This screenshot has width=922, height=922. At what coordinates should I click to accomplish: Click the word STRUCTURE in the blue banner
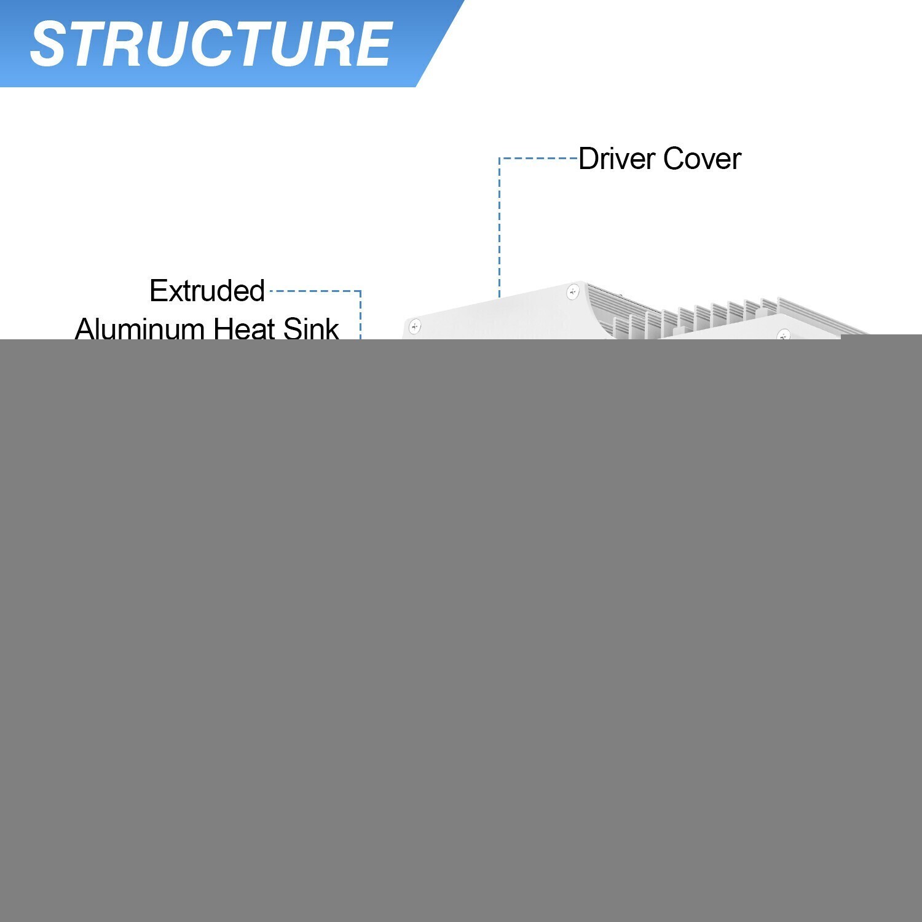211,44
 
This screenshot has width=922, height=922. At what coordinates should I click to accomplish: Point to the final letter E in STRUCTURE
371,44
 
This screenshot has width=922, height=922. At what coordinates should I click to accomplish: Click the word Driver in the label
617,159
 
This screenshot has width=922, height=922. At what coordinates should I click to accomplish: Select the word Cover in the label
702,159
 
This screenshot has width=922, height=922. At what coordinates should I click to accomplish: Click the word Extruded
207,291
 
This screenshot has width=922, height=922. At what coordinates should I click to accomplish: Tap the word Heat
245,328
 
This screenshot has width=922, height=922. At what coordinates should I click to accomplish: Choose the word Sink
311,328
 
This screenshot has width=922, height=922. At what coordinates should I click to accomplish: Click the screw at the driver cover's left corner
415,326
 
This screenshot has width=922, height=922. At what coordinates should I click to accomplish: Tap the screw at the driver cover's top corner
573,292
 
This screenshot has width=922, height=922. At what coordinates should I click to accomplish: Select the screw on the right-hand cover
783,336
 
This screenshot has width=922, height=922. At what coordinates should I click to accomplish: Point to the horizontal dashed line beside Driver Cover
538,159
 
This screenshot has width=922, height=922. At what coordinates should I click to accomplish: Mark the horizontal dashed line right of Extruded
315,291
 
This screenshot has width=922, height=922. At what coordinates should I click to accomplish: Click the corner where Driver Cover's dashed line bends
499,159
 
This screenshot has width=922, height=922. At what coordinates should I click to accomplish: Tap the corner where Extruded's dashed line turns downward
360,291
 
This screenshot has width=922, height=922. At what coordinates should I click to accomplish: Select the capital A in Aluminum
85,328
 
